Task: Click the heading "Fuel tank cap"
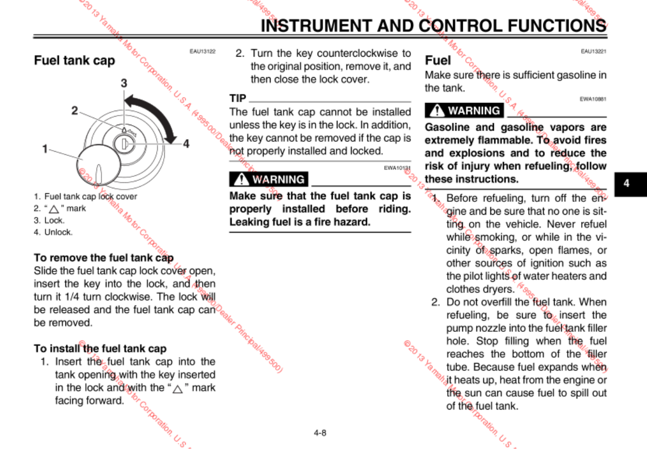(x=75, y=60)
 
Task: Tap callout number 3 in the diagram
(x=124, y=83)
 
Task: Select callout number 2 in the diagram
(x=75, y=111)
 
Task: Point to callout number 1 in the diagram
(x=45, y=148)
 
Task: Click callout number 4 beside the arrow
(x=186, y=144)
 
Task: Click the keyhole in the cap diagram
(x=124, y=144)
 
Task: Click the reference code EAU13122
(x=203, y=51)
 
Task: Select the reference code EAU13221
(x=594, y=51)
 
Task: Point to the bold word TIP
(x=238, y=99)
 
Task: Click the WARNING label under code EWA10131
(x=268, y=179)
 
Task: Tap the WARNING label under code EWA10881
(x=464, y=111)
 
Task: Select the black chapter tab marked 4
(x=626, y=183)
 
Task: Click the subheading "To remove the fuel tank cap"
(x=104, y=257)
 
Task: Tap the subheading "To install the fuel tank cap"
(x=100, y=349)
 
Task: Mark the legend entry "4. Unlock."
(x=53, y=233)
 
